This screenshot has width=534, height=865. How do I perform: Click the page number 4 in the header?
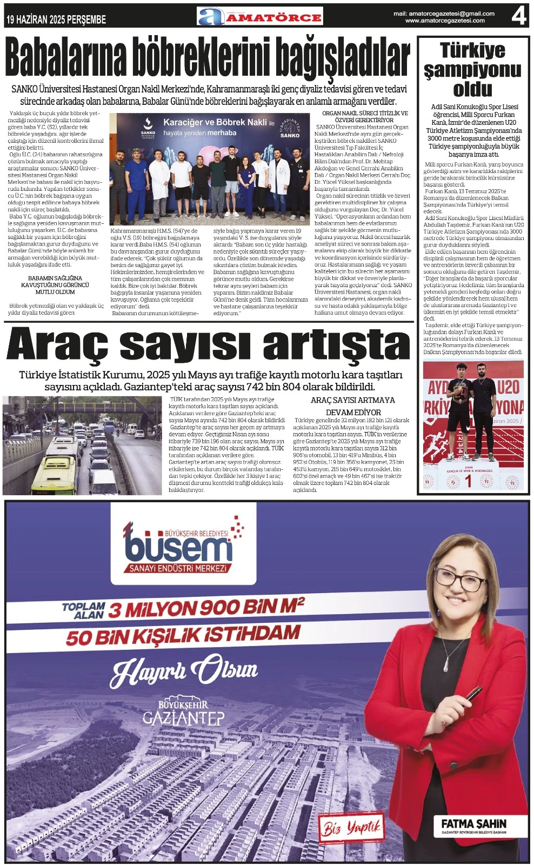click(x=518, y=16)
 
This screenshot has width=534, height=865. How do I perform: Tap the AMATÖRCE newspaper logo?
click(x=260, y=16)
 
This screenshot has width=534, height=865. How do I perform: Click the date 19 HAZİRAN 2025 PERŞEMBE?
click(x=56, y=20)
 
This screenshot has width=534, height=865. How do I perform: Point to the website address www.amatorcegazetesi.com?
click(x=445, y=21)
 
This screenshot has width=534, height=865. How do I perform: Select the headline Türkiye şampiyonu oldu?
click(x=472, y=69)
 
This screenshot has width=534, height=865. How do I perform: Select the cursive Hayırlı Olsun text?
click(x=184, y=671)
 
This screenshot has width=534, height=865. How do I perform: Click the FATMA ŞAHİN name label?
click(x=473, y=823)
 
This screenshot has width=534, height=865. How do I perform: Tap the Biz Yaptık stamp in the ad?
click(x=352, y=828)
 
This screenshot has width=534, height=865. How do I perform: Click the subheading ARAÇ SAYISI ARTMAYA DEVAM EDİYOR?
click(x=352, y=406)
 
